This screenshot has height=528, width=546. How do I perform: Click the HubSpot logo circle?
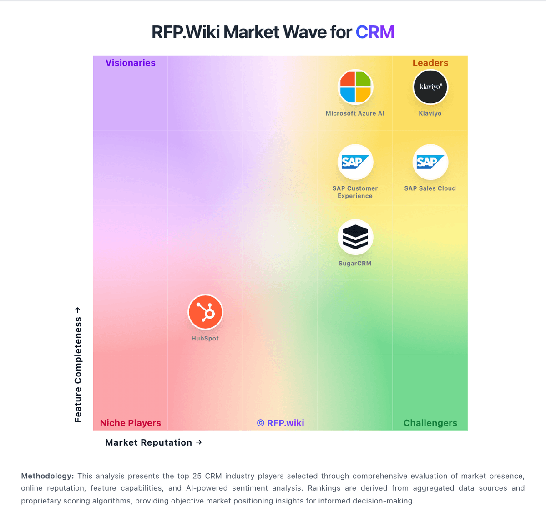tap(205, 312)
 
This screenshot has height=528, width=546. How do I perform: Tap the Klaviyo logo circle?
tap(430, 87)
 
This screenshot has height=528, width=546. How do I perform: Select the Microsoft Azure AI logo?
tap(355, 87)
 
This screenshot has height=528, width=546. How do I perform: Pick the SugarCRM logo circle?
tap(355, 237)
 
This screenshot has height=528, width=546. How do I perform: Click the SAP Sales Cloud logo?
tap(430, 162)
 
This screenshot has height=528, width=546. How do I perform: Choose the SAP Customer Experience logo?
tap(355, 162)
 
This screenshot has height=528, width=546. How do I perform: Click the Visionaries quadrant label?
tap(131, 63)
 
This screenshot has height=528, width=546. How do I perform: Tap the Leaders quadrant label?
tap(430, 63)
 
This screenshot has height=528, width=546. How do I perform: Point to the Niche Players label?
tap(131, 423)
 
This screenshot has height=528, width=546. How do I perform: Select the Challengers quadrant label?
tap(430, 423)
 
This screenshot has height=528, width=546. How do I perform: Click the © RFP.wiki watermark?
tap(280, 423)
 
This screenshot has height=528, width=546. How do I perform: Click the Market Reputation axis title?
tap(148, 442)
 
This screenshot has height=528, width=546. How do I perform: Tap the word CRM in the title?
tap(375, 32)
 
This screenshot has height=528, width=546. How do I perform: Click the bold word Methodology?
tap(47, 476)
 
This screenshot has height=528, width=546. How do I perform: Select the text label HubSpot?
tap(205, 339)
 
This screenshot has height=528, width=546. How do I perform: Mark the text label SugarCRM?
tap(355, 264)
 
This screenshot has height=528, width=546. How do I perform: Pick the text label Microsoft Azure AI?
tap(355, 113)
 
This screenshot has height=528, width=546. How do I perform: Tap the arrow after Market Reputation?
tap(199, 442)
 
